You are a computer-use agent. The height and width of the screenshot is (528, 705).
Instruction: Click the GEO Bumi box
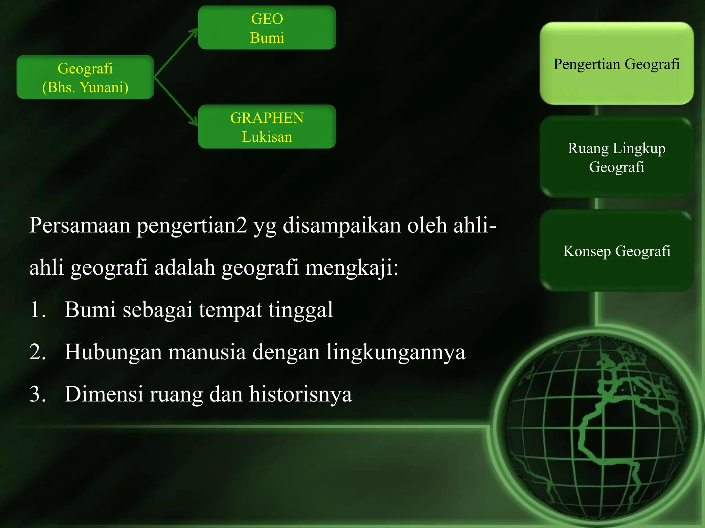[x=267, y=27]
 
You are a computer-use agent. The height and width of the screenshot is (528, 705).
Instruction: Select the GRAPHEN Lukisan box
[x=267, y=126]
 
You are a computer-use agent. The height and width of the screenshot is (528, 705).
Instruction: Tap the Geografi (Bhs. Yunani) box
[x=85, y=77]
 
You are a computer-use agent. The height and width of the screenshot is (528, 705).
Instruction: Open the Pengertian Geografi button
[x=617, y=64]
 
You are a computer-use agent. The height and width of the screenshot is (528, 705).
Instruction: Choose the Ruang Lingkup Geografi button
[x=617, y=157]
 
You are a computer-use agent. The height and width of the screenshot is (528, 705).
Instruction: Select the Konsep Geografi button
[x=617, y=251]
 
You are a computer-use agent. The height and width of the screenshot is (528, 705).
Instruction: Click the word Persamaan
[x=80, y=225]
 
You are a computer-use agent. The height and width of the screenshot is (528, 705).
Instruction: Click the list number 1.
[x=37, y=310]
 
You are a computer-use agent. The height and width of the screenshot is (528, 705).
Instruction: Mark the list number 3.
[x=37, y=394]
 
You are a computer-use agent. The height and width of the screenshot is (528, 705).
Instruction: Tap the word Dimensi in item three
[x=104, y=394]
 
